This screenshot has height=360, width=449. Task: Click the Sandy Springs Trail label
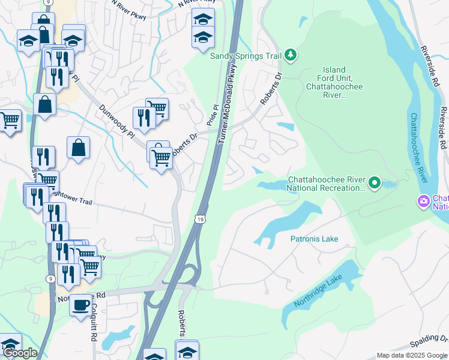pos(246,56)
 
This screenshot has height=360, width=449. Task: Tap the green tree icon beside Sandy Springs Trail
pos(291,55)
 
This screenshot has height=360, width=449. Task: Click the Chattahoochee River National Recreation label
pos(326,184)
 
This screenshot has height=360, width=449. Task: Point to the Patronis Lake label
pos(314,239)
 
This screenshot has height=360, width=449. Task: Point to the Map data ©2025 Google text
pos(412,355)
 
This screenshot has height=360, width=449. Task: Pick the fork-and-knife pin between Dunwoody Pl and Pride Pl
pos(143,117)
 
